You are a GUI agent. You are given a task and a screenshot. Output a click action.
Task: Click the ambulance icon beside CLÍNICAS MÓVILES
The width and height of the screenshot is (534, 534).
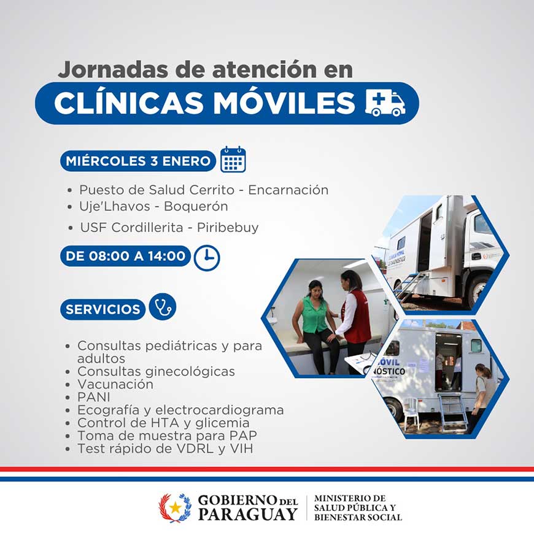385,103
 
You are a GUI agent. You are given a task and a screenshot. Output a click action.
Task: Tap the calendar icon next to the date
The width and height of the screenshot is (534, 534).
233,160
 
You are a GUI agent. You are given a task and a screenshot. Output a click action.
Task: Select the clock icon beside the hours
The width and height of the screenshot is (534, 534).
207,258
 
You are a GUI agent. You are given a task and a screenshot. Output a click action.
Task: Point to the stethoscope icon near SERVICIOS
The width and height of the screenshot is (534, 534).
163,306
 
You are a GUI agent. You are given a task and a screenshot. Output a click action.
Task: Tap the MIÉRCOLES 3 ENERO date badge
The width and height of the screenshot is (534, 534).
138,161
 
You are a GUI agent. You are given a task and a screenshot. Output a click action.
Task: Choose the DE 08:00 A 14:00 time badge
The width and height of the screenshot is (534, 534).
125,256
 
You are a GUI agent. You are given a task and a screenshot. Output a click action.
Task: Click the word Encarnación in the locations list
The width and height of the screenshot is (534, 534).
288,190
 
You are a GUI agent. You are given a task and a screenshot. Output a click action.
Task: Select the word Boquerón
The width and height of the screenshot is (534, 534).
196,206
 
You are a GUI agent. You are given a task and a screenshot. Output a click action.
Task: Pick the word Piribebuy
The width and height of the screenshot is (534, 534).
228,228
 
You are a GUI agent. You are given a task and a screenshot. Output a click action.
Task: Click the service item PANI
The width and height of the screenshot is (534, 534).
94,397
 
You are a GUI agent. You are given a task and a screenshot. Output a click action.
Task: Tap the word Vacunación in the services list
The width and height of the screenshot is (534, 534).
115,384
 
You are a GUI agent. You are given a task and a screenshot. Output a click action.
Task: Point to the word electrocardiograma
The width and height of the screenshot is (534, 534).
219,410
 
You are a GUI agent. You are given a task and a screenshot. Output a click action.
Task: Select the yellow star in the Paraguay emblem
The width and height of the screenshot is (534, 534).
176,508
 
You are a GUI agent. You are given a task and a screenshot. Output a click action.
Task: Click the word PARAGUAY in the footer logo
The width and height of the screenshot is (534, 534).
247,514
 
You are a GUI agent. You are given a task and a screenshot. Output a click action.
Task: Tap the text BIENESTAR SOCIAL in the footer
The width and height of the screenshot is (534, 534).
358,517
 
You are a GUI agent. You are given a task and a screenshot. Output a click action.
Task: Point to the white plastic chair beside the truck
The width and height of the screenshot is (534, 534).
411,414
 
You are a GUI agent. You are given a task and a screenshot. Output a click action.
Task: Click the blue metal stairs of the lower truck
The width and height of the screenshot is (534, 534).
452,411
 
